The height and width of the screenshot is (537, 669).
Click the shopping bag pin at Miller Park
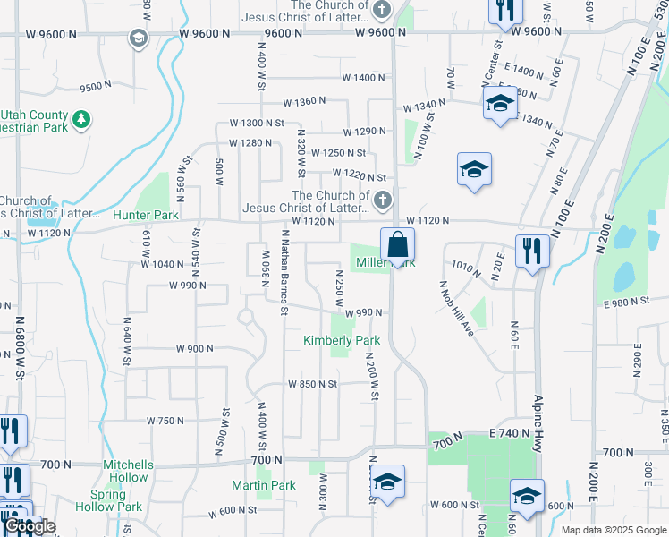pos(397,244)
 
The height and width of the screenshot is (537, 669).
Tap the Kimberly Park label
pos(342,340)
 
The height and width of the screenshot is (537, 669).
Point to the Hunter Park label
pos(146,215)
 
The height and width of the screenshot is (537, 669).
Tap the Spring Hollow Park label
pos(116,500)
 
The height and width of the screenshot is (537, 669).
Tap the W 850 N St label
pos(312,384)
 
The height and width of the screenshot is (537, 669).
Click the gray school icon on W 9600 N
pos(138,38)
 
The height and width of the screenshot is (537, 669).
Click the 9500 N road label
pos(96,87)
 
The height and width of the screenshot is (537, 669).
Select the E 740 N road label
pos(510,432)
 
